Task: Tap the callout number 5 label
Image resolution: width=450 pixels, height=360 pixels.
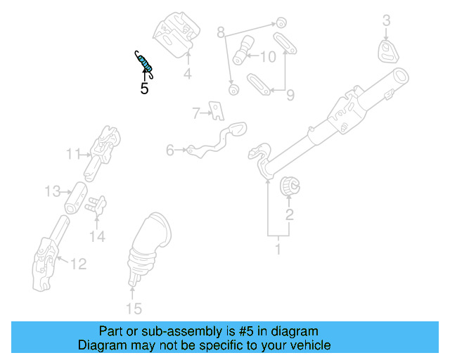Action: click(x=144, y=89)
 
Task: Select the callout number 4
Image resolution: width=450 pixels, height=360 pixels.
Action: click(x=188, y=74)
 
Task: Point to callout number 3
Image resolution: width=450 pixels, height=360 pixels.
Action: click(x=386, y=21)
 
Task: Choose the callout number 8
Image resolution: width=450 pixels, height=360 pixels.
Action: click(x=221, y=32)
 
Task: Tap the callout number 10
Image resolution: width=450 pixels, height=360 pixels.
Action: click(x=268, y=56)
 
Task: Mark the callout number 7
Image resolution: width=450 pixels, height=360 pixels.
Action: click(x=197, y=111)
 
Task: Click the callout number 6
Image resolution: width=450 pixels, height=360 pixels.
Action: click(x=170, y=150)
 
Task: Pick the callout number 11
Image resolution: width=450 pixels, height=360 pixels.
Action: click(x=74, y=153)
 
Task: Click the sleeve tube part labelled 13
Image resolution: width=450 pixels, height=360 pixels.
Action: click(x=76, y=199)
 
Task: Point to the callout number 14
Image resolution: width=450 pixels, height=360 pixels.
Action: click(x=97, y=237)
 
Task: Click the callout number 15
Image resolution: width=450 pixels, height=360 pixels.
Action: click(x=133, y=308)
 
